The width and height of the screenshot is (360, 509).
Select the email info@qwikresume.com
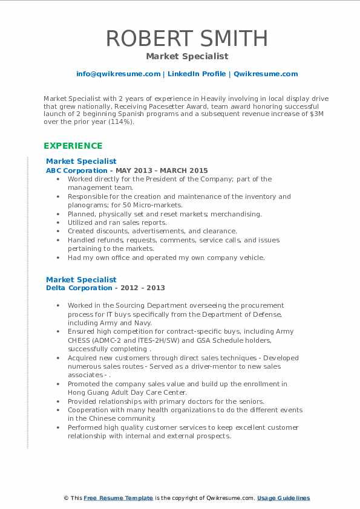click(x=118, y=74)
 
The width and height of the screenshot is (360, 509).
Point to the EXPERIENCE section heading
click(x=73, y=146)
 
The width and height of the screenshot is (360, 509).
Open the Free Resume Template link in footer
click(x=118, y=498)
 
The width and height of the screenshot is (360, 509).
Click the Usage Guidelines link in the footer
click(x=283, y=498)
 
